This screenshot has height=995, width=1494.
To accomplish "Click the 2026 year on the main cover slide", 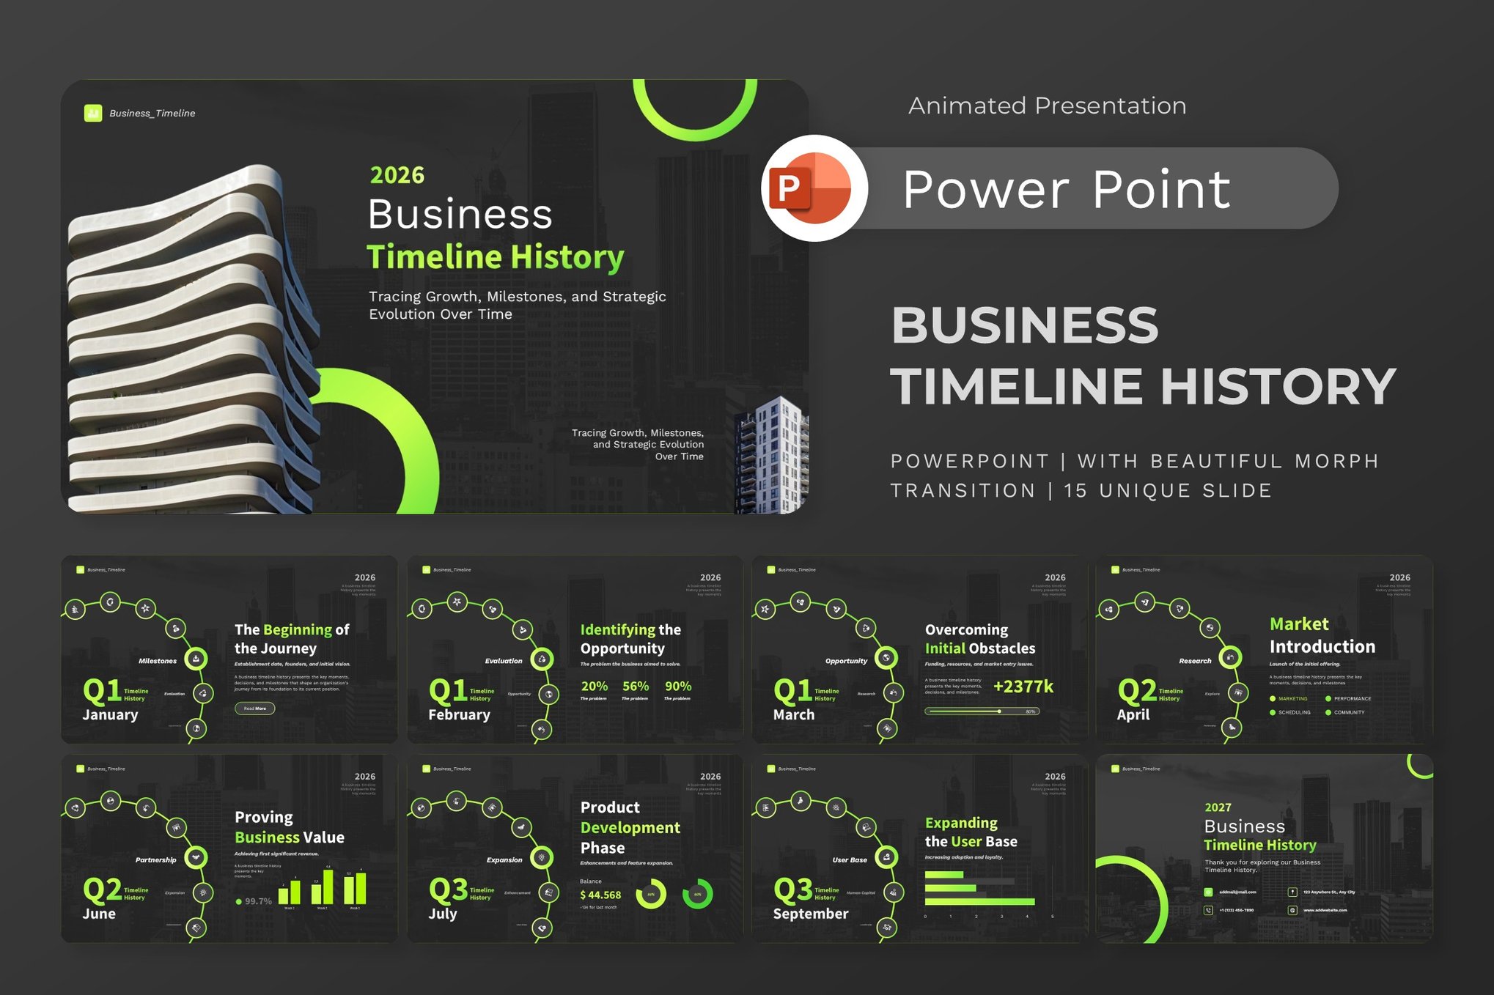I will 397,175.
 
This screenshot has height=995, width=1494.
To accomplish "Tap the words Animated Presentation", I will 1047,106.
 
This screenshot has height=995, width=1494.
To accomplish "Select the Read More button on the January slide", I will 254,709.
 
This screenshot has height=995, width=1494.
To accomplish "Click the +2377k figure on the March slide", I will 1023,687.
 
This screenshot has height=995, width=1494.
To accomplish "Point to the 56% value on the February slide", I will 635,687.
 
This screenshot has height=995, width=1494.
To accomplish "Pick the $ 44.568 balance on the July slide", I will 600,895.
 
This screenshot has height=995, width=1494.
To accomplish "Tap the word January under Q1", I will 110,714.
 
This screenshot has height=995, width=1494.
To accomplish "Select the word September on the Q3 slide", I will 810,914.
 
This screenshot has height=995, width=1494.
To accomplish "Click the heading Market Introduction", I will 1322,635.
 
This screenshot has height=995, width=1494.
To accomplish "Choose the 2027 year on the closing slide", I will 1218,807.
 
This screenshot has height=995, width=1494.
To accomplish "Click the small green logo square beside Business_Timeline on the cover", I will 93,113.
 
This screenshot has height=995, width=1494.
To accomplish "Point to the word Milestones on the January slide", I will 158,661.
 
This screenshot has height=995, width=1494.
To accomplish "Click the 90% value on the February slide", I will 677,687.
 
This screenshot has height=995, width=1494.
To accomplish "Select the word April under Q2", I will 1133,714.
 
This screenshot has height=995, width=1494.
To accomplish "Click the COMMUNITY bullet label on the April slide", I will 1348,712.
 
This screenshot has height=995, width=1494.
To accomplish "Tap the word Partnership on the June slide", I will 155,860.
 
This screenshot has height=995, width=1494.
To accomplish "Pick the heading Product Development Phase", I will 630,827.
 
